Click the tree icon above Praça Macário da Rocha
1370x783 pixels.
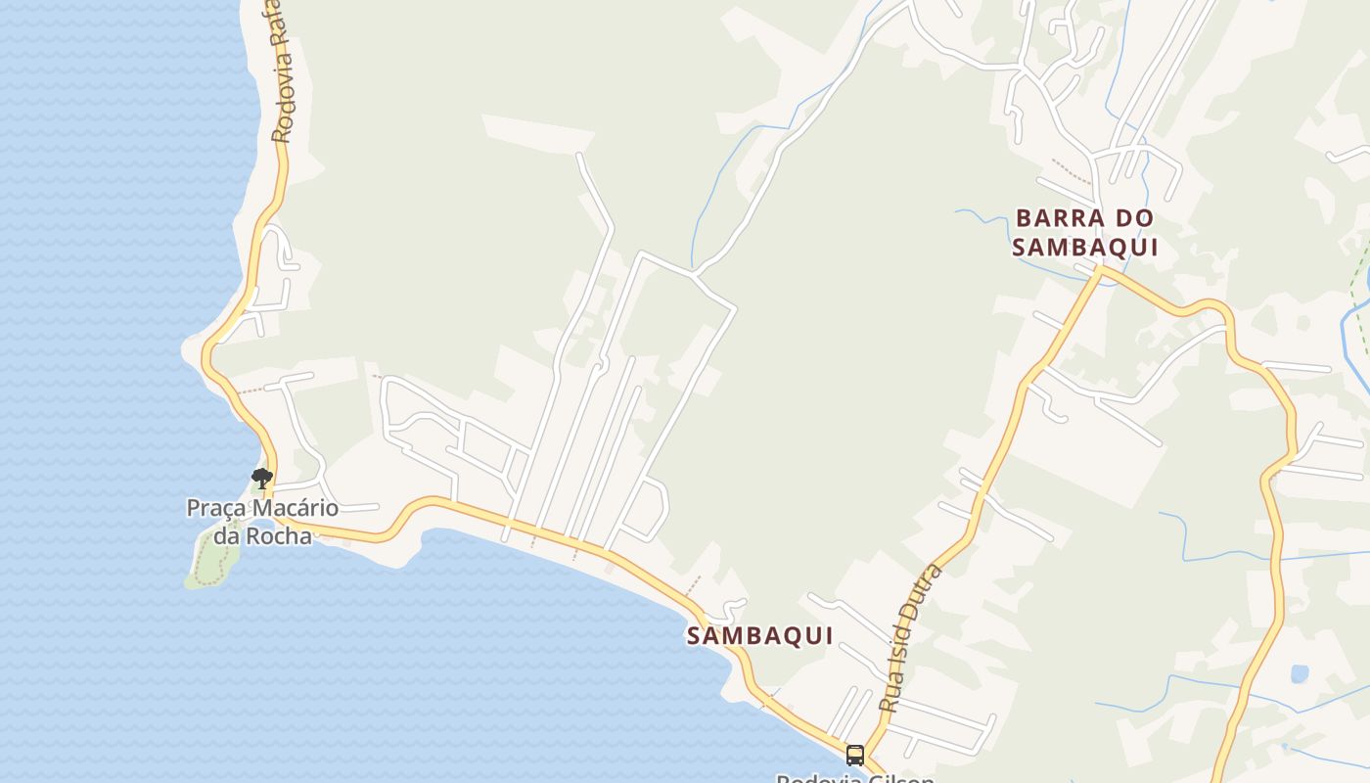(x=261, y=479)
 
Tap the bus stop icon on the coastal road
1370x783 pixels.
(x=854, y=755)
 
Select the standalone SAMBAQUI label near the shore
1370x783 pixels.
(x=759, y=636)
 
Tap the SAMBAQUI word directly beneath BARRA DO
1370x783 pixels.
(x=1085, y=248)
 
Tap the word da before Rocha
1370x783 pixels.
(x=228, y=536)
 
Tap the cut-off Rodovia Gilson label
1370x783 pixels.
(x=855, y=777)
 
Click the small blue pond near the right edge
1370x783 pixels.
(x=1300, y=673)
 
